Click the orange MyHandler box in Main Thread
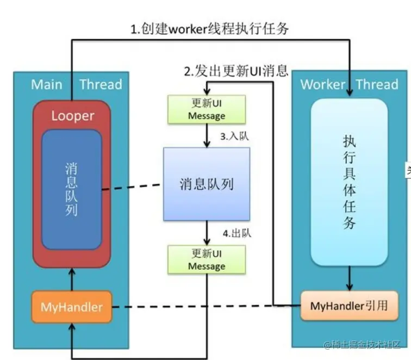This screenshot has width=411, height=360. (71, 307)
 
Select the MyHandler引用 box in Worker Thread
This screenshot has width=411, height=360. (348, 306)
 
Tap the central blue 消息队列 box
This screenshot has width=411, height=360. (207, 184)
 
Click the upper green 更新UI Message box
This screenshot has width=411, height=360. (207, 109)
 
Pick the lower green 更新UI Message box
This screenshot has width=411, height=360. (207, 259)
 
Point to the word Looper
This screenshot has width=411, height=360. (72, 116)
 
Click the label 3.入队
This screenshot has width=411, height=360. (234, 136)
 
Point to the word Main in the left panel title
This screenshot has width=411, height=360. (46, 84)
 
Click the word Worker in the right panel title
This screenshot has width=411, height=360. (322, 84)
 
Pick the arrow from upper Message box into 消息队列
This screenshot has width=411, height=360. (207, 135)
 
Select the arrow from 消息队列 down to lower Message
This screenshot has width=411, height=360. (207, 233)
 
